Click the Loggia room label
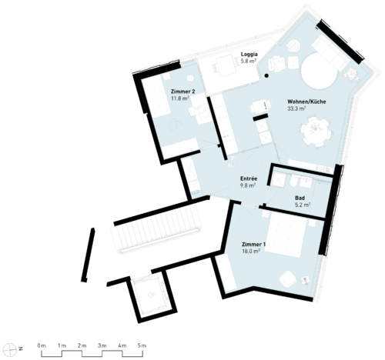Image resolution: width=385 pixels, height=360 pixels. tap(249, 55)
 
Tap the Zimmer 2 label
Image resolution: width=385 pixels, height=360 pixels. tap(182, 92)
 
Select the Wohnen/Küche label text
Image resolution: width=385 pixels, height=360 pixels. tap(306, 102)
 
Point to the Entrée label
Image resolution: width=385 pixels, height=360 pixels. tap(249, 178)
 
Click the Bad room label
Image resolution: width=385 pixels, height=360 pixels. tap(300, 198)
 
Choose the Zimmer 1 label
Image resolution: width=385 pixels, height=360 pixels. tap(254, 245)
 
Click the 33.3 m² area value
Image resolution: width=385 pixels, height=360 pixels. tap(296, 108)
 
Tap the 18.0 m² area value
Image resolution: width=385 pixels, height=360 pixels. tap(251, 252)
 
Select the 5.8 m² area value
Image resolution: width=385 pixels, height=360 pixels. tap(249, 61)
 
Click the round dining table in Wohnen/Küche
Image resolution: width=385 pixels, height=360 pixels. tap(315, 130)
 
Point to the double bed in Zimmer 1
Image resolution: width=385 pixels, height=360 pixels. tap(286, 235)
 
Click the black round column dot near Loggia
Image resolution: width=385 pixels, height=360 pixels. tap(267, 75)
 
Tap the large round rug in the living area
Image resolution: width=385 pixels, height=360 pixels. tap(319, 72)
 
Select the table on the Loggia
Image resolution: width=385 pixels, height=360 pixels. tap(226, 65)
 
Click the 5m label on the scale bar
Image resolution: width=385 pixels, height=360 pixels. tap(142, 345)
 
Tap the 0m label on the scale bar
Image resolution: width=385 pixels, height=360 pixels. tap(42, 345)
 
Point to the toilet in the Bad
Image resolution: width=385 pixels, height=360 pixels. tap(294, 182)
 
